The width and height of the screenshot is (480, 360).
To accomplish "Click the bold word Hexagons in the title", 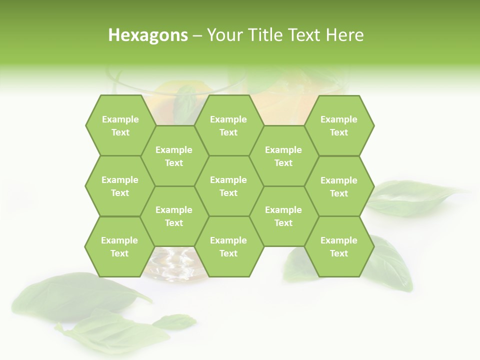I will pyautogui.click(x=148, y=35).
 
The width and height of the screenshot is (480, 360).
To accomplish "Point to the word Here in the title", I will pyautogui.click(x=344, y=35).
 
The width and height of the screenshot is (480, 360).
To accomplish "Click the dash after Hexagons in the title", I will pyautogui.click(x=197, y=35).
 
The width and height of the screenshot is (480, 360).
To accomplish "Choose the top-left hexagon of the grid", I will pyautogui.click(x=120, y=125).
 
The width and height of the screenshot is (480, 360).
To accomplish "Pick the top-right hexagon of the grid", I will pyautogui.click(x=339, y=125).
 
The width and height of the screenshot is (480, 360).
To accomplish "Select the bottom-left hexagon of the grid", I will pyautogui.click(x=119, y=246).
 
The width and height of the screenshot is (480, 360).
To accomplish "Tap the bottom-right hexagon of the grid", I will pyautogui.click(x=339, y=246).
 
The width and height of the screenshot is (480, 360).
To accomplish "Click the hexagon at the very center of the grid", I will pyautogui.click(x=228, y=186).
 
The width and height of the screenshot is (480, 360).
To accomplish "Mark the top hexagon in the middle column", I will pyautogui.click(x=228, y=125).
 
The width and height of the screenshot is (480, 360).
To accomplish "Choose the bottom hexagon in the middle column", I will pyautogui.click(x=228, y=246).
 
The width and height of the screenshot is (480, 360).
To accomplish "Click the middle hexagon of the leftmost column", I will pyautogui.click(x=120, y=186).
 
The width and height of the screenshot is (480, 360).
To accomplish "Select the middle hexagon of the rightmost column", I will pyautogui.click(x=339, y=186).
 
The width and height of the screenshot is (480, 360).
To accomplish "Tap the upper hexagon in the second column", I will pyautogui.click(x=174, y=156).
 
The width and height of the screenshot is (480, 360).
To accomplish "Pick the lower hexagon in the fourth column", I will pyautogui.click(x=283, y=216).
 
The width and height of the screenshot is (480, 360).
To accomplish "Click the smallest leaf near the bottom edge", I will pyautogui.click(x=174, y=321).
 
